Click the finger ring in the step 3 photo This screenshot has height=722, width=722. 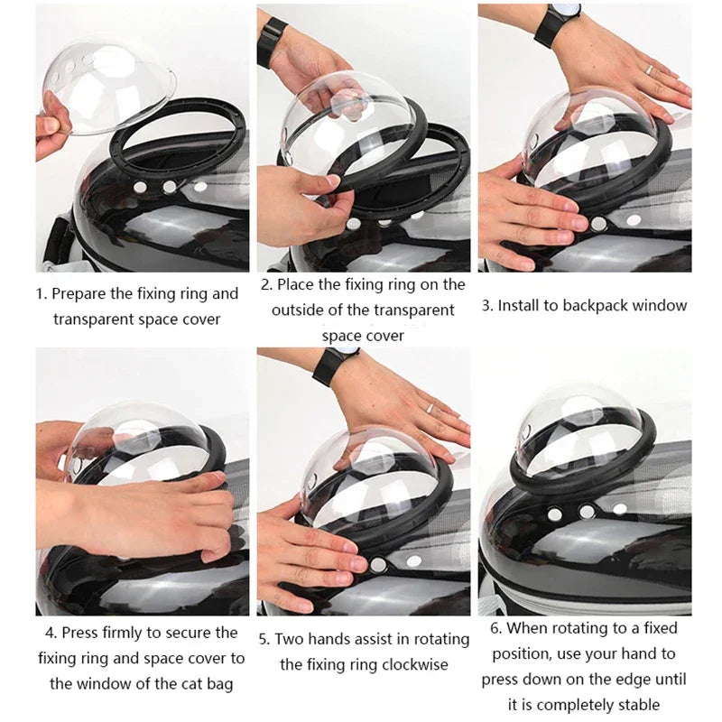[x=649, y=69]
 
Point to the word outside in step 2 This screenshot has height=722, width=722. [x=303, y=310]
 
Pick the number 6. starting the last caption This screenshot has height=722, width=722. [x=496, y=628]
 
